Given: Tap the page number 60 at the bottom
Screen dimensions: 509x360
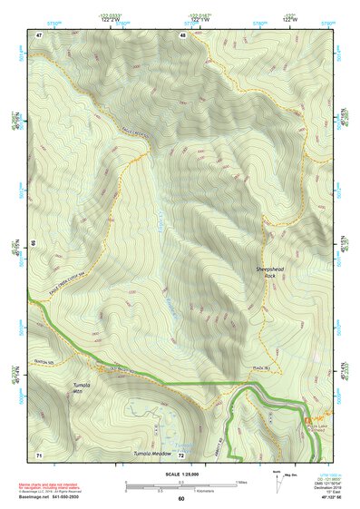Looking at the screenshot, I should click(x=180, y=500).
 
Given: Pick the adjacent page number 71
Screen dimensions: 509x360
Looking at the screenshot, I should click(x=39, y=453).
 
